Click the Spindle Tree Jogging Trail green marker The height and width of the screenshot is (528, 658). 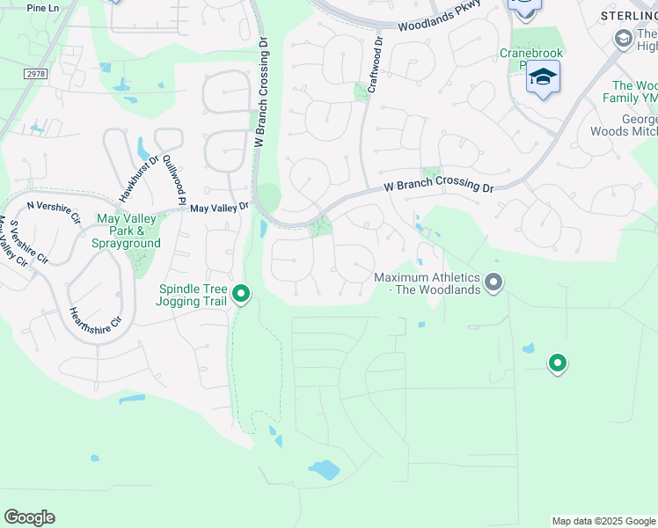click(x=241, y=293)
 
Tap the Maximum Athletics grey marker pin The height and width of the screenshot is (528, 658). click(x=494, y=282)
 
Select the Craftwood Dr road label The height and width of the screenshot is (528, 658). click(x=376, y=65)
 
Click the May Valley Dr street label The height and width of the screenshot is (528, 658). click(x=220, y=208)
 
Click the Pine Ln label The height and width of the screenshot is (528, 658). click(x=42, y=8)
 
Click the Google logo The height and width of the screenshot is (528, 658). click(x=29, y=517)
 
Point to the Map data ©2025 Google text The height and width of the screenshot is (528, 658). click(x=603, y=521)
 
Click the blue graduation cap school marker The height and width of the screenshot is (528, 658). click(x=543, y=77)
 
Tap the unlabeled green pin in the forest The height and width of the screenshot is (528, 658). click(x=557, y=362)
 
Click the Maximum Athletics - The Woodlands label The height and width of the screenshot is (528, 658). click(x=427, y=283)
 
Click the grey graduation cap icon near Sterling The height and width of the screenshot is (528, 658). click(x=625, y=38)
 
